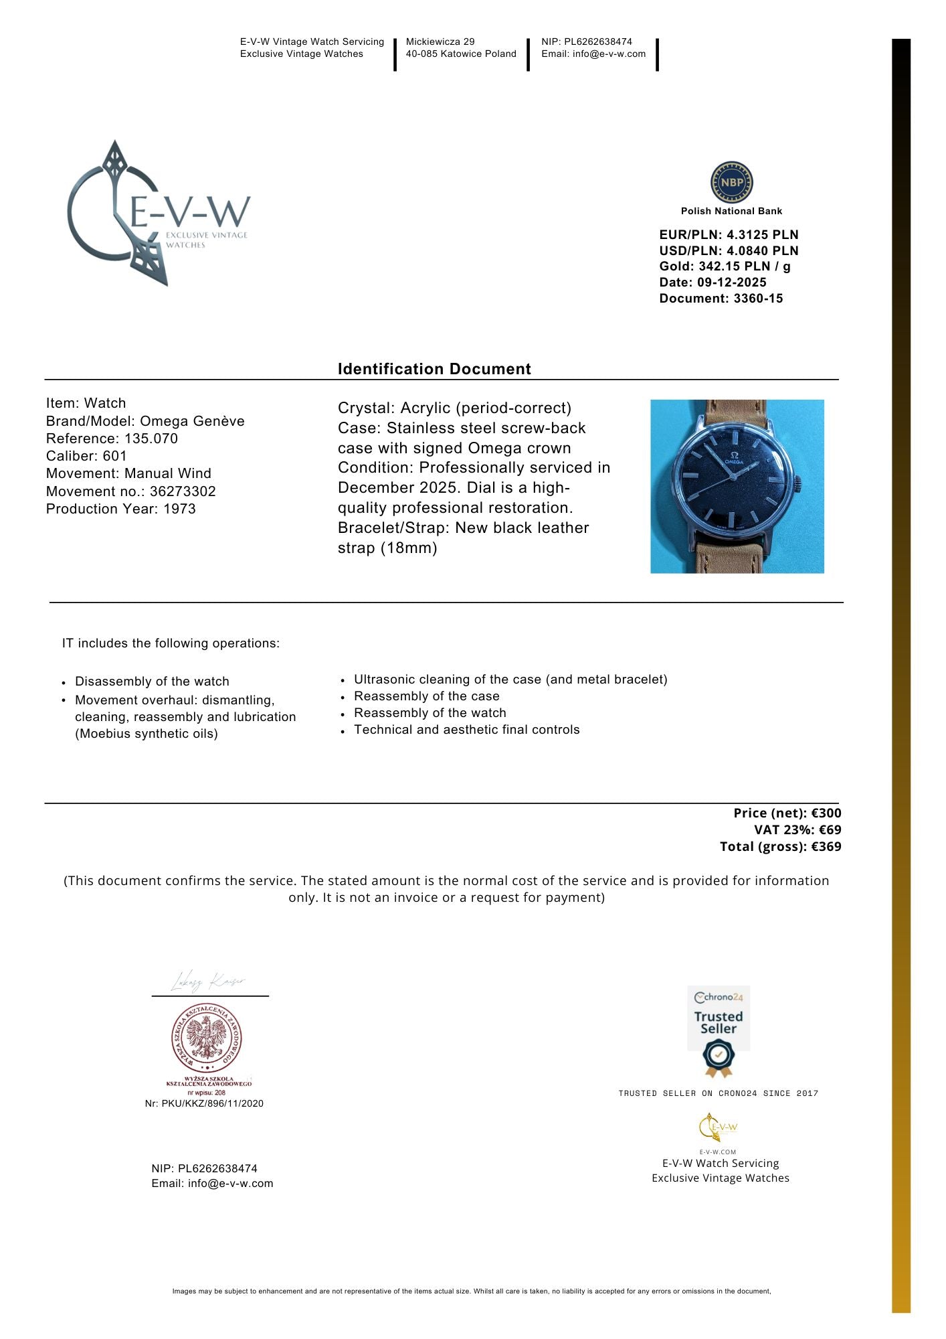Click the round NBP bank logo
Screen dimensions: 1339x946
[731, 182]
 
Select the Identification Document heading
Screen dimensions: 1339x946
[434, 369]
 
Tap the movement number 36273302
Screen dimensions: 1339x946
[183, 491]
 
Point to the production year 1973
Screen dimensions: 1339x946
[179, 509]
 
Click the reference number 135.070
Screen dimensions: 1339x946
[151, 439]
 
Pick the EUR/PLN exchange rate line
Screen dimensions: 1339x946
[729, 235]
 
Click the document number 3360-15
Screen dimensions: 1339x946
[758, 299]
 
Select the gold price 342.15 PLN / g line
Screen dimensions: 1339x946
[725, 266]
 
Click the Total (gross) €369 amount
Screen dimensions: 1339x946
[780, 846]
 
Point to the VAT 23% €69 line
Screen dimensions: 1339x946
[797, 830]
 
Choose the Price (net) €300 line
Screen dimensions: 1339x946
[787, 813]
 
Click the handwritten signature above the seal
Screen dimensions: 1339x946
[208, 981]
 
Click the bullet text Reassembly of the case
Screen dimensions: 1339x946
[426, 696]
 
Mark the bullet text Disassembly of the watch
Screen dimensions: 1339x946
[152, 682]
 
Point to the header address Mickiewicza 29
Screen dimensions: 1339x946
[440, 42]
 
